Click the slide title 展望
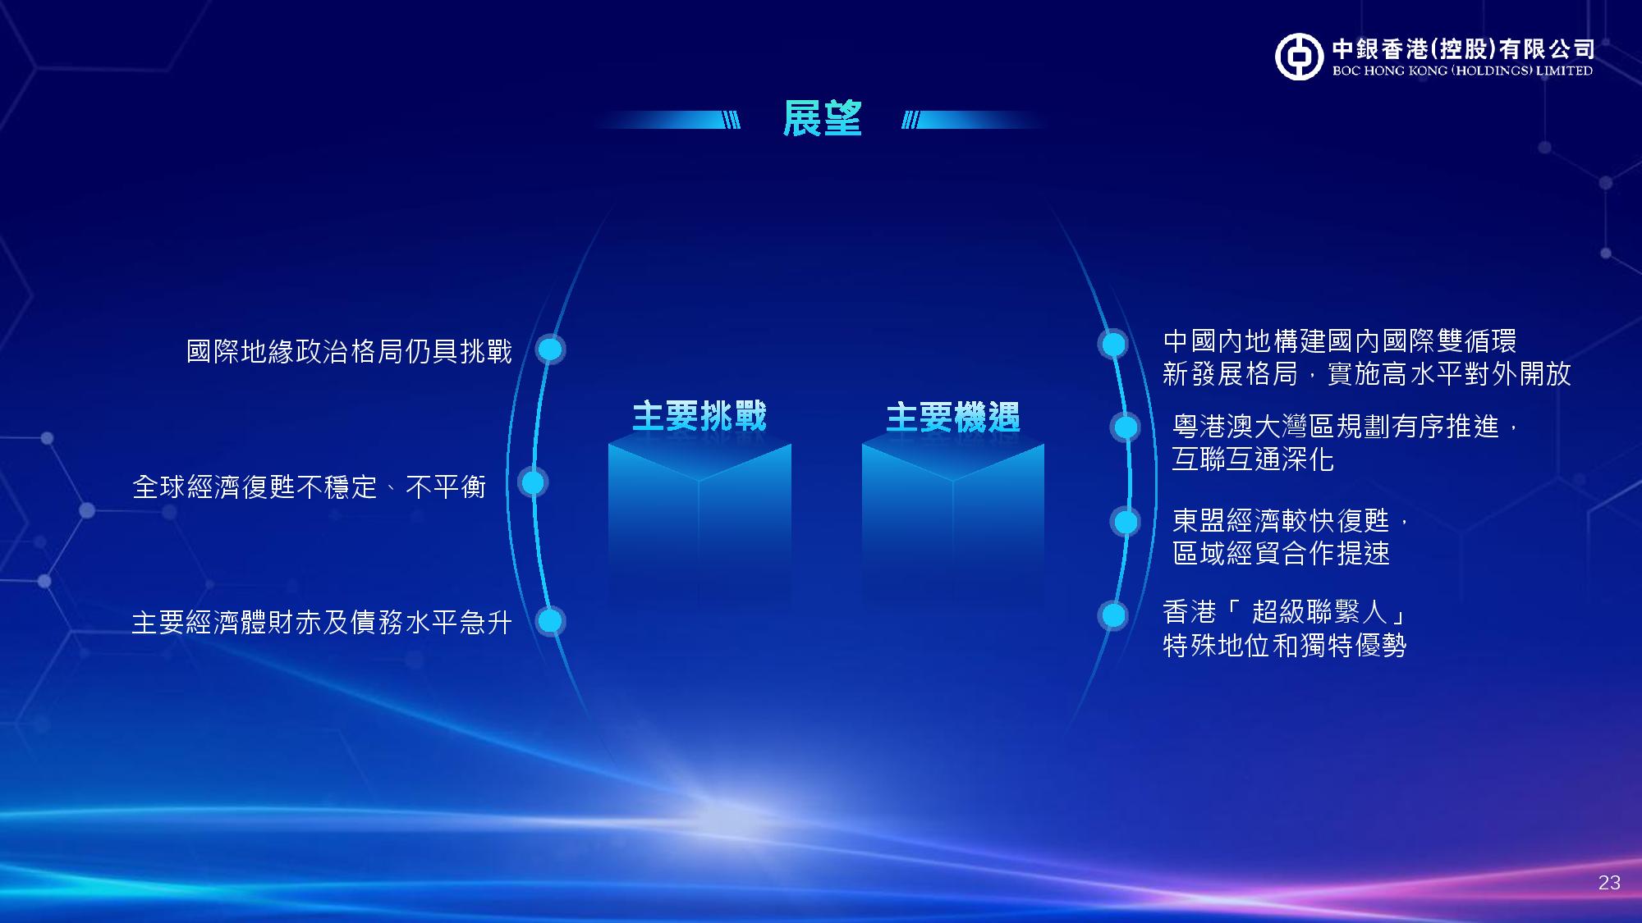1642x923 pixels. (822, 119)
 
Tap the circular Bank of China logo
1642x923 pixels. (1300, 57)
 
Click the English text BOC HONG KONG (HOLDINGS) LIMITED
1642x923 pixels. (1462, 71)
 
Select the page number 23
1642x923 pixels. (1609, 883)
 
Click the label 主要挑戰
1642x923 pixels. (699, 416)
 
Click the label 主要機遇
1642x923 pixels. (953, 417)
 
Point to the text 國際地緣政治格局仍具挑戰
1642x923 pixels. (350, 352)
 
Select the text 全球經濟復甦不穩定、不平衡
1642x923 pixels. (310, 487)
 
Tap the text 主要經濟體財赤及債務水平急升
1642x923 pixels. (322, 623)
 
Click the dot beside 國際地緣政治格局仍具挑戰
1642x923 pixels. (550, 350)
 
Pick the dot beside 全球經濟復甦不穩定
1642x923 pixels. (533, 483)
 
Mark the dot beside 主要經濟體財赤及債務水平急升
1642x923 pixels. (550, 621)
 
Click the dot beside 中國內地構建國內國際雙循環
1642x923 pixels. (1113, 344)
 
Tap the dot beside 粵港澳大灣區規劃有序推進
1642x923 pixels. (1126, 427)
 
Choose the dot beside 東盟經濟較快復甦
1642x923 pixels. (1126, 522)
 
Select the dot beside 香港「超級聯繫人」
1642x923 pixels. (1113, 615)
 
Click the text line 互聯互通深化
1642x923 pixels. (1253, 459)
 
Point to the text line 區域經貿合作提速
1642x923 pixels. (1281, 554)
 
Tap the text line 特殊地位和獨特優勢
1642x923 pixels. (1285, 646)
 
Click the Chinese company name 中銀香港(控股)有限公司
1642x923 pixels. (1463, 48)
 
